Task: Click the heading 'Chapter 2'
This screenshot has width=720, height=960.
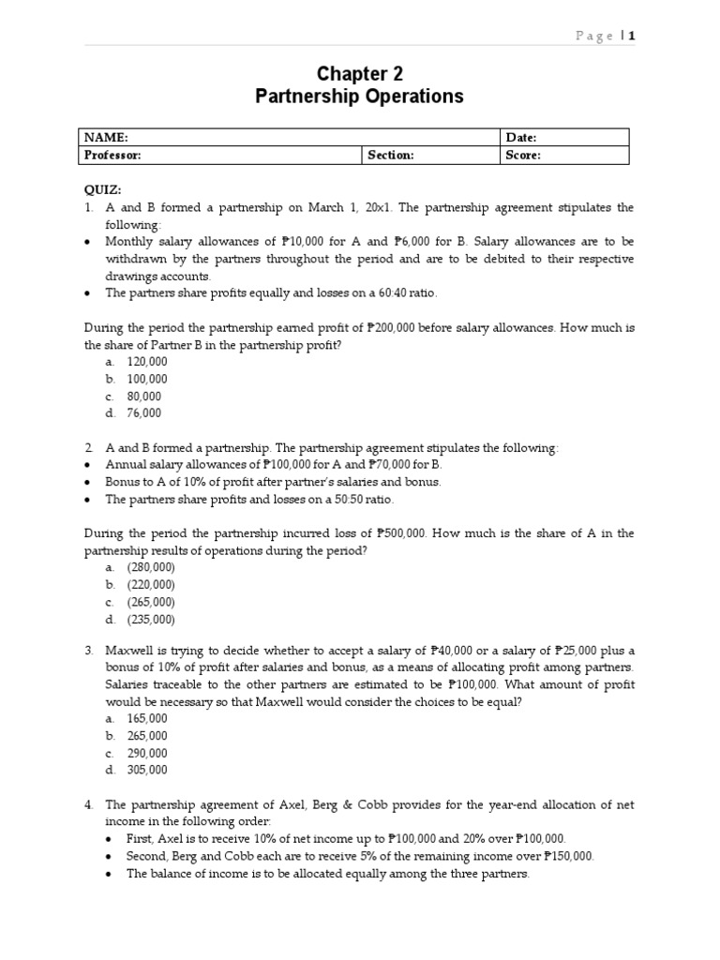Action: [x=359, y=74]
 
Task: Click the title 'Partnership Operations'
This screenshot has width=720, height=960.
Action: [x=359, y=97]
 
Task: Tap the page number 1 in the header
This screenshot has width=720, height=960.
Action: [x=633, y=36]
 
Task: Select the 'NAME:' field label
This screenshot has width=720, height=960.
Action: [x=106, y=137]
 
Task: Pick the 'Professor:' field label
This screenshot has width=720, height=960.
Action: [x=113, y=155]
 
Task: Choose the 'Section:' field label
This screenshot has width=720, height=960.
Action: [x=391, y=155]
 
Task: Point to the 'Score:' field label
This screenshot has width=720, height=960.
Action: [x=523, y=155]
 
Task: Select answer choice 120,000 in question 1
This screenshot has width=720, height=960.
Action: [x=147, y=362]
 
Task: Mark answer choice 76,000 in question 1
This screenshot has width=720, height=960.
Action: [x=144, y=412]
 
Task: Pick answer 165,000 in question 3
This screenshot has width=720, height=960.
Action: [x=147, y=719]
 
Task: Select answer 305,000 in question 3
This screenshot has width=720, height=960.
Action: [x=147, y=770]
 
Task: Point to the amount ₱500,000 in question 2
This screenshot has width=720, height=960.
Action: [x=401, y=532]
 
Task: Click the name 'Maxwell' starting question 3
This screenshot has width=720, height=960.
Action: [x=129, y=651]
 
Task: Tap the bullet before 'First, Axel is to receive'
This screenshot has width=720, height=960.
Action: [x=112, y=840]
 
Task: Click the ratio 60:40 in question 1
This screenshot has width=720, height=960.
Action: [x=388, y=293]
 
